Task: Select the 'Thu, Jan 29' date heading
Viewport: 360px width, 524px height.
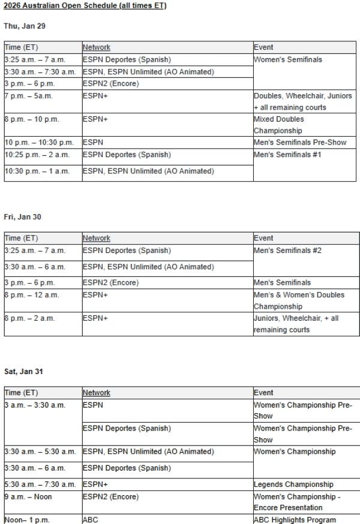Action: pos(25,26)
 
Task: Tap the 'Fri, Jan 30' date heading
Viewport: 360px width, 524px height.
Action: pos(23,216)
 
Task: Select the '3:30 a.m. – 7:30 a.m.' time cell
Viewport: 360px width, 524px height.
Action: pos(43,72)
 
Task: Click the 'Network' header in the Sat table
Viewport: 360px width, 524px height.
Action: pos(97,393)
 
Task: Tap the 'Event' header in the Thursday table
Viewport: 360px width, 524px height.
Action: pos(263,47)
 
